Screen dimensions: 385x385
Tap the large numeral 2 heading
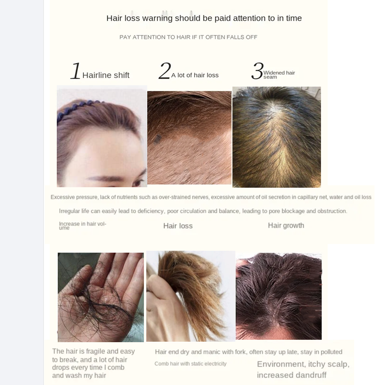click(x=164, y=71)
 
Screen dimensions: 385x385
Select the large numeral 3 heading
click(x=257, y=71)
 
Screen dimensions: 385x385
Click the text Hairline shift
click(x=106, y=75)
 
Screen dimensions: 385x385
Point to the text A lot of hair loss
click(x=195, y=75)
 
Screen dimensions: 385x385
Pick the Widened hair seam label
click(x=279, y=75)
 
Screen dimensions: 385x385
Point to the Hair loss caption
click(x=178, y=226)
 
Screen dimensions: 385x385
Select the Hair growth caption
click(x=286, y=225)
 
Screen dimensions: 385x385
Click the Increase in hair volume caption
click(x=82, y=225)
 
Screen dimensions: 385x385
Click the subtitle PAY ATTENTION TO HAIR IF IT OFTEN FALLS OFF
click(x=188, y=37)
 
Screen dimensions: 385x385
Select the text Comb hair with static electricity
click(x=190, y=364)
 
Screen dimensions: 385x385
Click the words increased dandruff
click(x=292, y=375)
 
